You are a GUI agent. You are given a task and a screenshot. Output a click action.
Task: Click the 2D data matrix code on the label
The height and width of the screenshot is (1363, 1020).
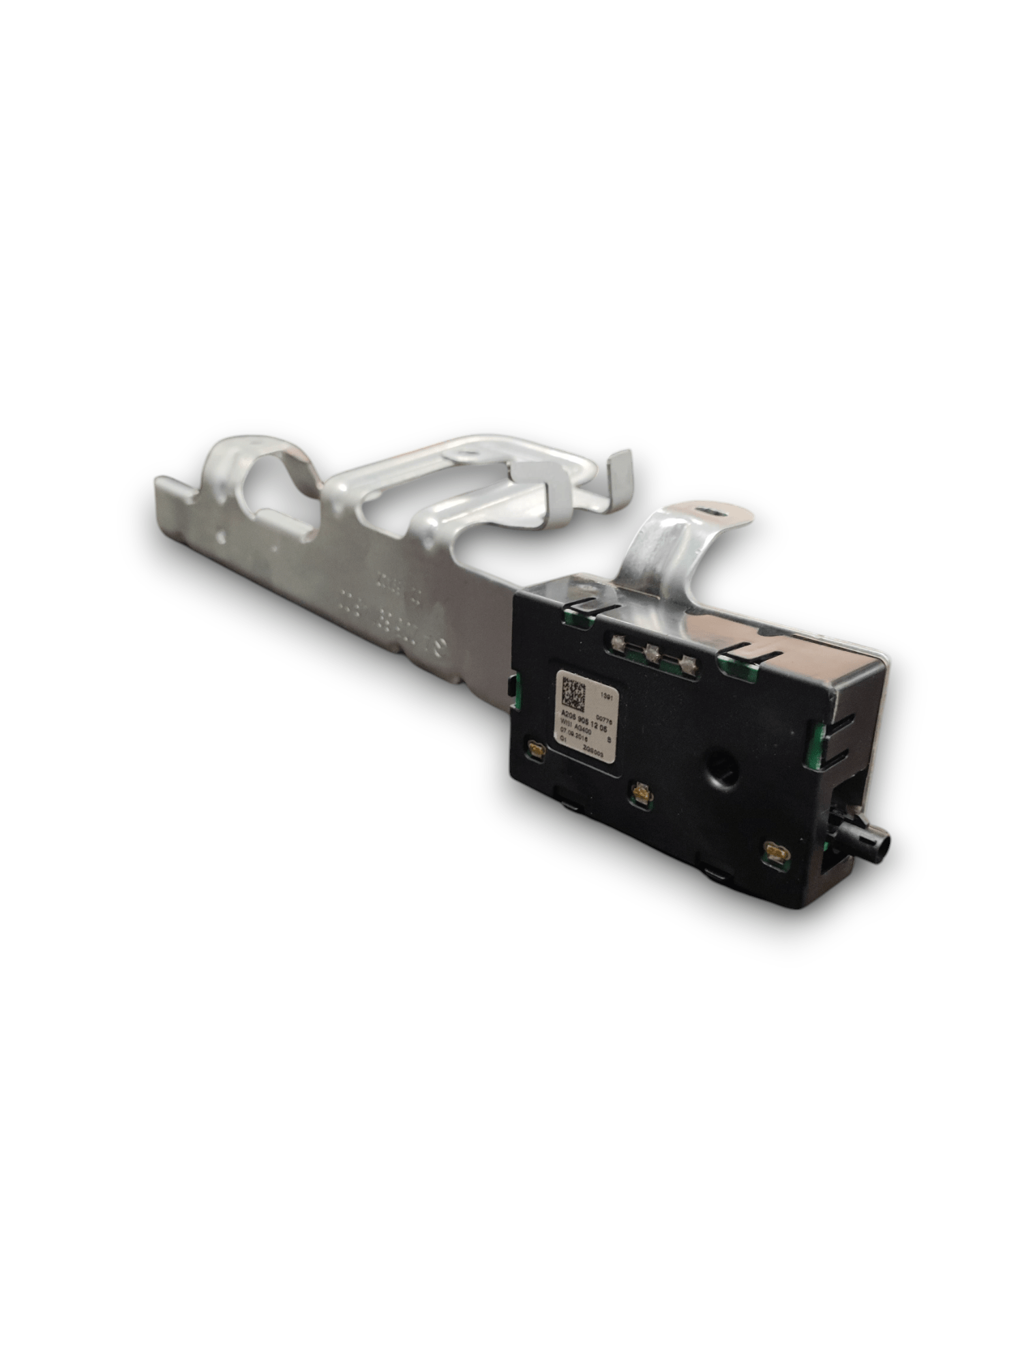[x=573, y=694]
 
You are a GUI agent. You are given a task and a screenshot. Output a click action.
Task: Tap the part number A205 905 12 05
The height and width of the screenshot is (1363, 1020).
[x=584, y=722]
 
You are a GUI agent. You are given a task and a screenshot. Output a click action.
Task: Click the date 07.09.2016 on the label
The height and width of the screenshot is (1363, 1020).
[x=574, y=736]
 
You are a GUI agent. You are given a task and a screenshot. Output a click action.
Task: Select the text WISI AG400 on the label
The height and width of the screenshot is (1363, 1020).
[x=576, y=729]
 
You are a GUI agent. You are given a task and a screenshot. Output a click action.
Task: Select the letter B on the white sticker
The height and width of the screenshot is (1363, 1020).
[x=609, y=740]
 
